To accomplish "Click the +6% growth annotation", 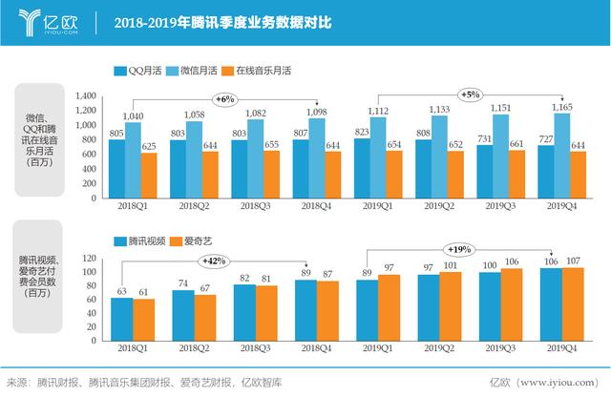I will (223, 98).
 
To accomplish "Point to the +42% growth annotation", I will (213, 261).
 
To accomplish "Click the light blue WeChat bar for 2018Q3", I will (255, 162).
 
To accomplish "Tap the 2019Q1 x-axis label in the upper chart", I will (378, 205).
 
